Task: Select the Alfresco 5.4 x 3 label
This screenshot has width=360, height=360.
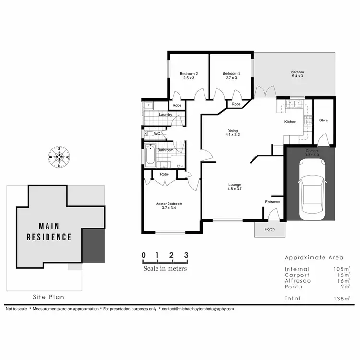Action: (x=298, y=73)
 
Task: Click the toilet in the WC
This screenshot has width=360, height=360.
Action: (x=150, y=134)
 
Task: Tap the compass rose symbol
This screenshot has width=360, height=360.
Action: (x=59, y=157)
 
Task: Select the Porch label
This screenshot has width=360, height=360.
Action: (x=270, y=229)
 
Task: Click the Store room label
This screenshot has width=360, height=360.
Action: (x=324, y=120)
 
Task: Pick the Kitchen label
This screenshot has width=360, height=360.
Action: (x=290, y=122)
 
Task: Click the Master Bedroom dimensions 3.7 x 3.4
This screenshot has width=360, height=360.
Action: (x=168, y=208)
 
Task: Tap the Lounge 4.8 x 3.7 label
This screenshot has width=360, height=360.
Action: (x=235, y=187)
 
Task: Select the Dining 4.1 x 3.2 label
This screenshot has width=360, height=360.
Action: (x=233, y=132)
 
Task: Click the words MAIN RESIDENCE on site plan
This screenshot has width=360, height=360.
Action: (x=49, y=231)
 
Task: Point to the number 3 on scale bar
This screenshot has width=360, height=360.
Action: (x=185, y=255)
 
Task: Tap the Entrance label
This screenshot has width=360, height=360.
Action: (x=273, y=202)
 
